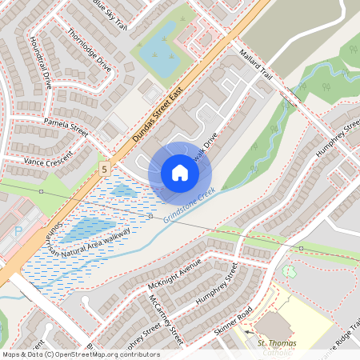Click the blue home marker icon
(180, 173)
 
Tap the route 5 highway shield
(105, 170)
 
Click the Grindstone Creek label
(189, 205)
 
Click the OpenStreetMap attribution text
(80, 354)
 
